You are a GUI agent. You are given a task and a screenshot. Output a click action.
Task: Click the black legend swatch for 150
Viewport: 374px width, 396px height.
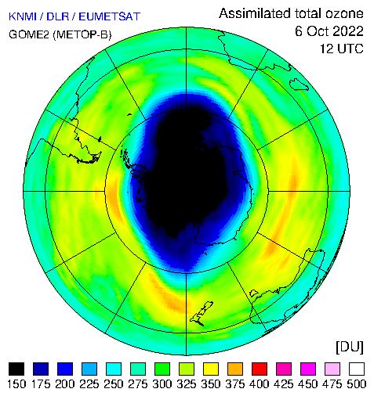coord(16,369)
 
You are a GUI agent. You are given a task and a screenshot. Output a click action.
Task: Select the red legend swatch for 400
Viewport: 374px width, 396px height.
coord(260,369)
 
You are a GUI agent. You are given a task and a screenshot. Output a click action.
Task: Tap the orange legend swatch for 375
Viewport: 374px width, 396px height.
coord(235,369)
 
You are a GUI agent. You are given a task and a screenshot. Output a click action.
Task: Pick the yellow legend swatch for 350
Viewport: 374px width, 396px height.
coord(211,369)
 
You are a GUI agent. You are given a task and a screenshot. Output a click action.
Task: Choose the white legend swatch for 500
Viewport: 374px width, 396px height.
coord(357,369)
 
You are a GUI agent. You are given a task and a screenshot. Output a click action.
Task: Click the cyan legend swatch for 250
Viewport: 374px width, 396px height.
coord(114,369)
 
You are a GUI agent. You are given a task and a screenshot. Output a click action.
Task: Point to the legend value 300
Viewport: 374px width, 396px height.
coord(162,384)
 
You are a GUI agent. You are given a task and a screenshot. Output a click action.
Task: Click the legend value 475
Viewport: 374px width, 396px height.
coord(332,384)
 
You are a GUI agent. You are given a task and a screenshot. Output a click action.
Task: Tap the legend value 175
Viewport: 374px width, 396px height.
coord(41,384)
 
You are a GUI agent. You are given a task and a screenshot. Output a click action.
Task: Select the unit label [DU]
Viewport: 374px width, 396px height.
coord(350,347)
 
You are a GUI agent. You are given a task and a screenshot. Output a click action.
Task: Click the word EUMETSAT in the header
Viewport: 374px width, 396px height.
coord(110,16)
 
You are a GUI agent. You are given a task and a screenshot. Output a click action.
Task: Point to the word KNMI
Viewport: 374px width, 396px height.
coord(23,16)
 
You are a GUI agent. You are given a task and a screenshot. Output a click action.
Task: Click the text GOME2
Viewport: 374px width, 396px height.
coord(29,34)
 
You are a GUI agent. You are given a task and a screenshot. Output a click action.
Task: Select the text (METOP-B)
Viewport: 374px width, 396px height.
coord(82,34)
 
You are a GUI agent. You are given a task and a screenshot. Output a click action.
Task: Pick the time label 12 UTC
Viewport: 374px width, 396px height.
coord(342,49)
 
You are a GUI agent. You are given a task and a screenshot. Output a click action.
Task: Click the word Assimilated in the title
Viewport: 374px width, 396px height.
coord(255,13)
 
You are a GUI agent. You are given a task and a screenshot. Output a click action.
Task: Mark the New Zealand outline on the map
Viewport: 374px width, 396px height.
coord(202,314)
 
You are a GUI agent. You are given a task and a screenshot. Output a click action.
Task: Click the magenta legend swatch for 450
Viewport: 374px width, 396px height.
coord(308,369)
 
